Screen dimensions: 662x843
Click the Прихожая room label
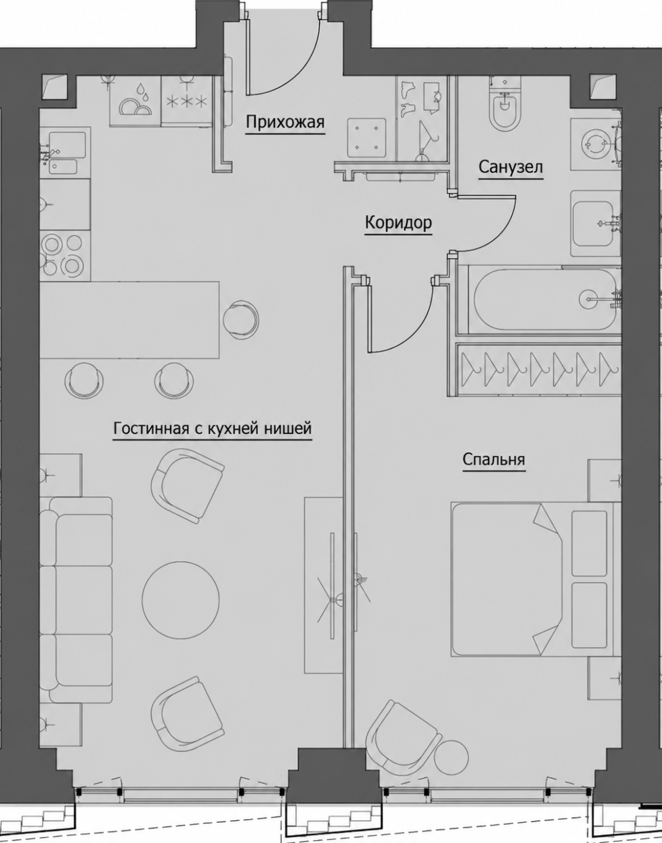pyautogui.click(x=285, y=123)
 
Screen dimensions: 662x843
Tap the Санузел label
pyautogui.click(x=510, y=168)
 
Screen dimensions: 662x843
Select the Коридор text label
pyautogui.click(x=398, y=223)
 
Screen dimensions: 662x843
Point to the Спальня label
pyautogui.click(x=493, y=459)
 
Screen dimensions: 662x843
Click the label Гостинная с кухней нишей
pyautogui.click(x=212, y=429)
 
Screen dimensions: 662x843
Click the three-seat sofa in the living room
pyautogui.click(x=76, y=600)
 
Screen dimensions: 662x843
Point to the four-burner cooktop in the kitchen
pyautogui.click(x=64, y=254)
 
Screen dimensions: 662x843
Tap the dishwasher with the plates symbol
pyautogui.click(x=135, y=101)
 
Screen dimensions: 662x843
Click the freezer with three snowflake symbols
pyautogui.click(x=187, y=101)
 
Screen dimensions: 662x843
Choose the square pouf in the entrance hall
pyautogui.click(x=367, y=138)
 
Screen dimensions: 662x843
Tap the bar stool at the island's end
pyautogui.click(x=242, y=320)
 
